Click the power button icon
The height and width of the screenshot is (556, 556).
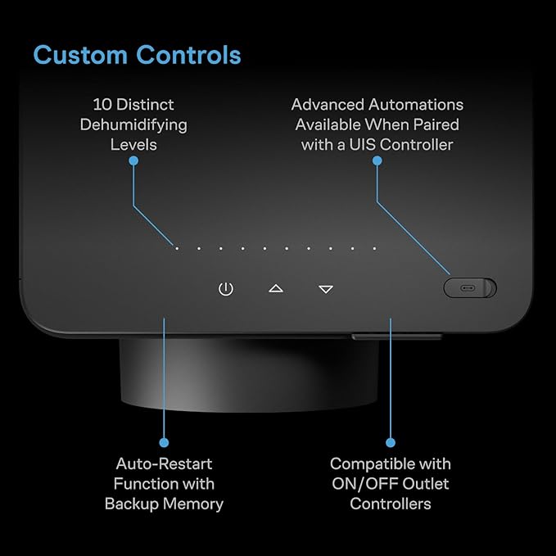click(x=226, y=289)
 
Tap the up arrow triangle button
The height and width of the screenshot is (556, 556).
click(x=276, y=288)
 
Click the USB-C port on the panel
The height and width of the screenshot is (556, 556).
click(x=468, y=288)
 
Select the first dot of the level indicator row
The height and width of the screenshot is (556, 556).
click(x=177, y=249)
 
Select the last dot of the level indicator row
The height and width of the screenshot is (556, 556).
click(x=374, y=249)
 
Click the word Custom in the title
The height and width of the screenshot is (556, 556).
click(x=80, y=55)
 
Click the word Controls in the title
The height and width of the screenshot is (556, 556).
click(x=188, y=55)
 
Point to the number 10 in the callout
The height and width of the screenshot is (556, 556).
click(x=102, y=105)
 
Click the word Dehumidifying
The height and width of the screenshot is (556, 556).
click(x=133, y=125)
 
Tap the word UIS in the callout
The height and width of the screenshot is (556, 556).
click(x=363, y=145)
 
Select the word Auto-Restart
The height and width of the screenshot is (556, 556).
click(x=164, y=463)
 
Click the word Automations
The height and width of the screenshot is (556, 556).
click(x=416, y=105)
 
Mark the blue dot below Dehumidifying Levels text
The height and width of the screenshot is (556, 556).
click(x=133, y=161)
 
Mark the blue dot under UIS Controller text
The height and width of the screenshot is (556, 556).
click(x=377, y=161)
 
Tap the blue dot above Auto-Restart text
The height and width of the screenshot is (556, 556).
click(x=164, y=442)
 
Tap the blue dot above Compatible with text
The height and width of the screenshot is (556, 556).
click(x=391, y=442)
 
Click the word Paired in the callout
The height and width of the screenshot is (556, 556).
click(x=436, y=124)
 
